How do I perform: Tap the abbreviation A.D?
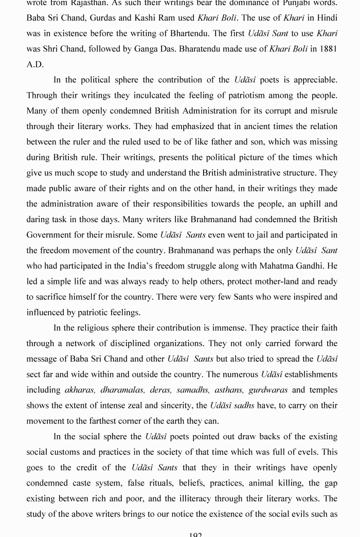coord(35,64)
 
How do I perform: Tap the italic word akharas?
coord(80,390)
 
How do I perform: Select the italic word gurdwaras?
coord(268,390)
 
